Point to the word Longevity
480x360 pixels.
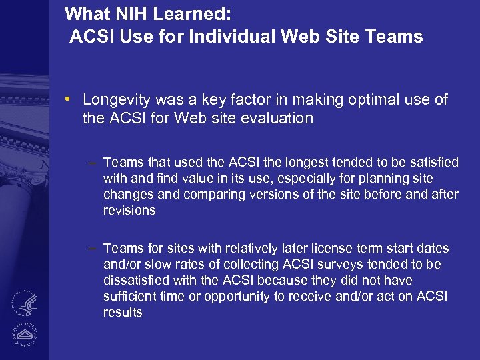tap(117, 99)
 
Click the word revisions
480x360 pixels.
tap(129, 210)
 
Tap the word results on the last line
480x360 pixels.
tap(123, 312)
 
